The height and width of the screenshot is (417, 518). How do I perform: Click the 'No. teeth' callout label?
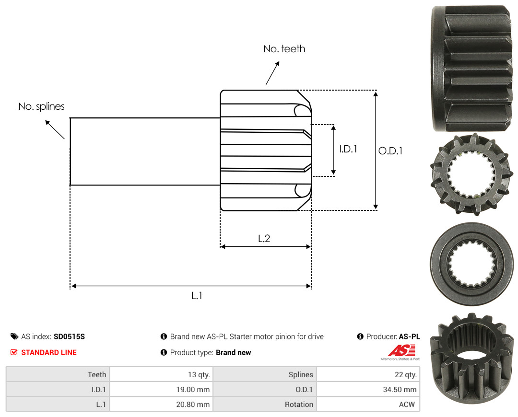[x=284, y=49]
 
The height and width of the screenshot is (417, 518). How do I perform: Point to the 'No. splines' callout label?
[x=41, y=106]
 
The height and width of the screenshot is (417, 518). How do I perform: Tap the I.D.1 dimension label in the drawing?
[x=348, y=149]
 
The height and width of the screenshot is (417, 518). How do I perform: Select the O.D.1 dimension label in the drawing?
[x=390, y=151]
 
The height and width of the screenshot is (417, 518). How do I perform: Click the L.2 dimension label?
[x=264, y=238]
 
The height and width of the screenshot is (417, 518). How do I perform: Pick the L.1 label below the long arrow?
[x=197, y=296]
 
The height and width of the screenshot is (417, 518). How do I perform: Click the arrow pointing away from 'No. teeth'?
[x=272, y=73]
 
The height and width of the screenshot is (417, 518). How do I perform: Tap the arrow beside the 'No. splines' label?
[x=55, y=129]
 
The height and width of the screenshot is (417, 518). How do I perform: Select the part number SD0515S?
[x=70, y=336]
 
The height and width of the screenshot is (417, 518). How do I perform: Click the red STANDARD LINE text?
[x=49, y=352]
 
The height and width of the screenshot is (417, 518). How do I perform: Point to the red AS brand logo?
[x=401, y=351]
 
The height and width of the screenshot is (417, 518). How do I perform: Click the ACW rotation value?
[x=407, y=405]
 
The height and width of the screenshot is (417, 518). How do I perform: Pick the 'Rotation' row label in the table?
[x=299, y=405]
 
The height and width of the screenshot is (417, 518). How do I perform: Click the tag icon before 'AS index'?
[x=14, y=336]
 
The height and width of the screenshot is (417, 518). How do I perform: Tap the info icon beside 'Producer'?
[x=360, y=336]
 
